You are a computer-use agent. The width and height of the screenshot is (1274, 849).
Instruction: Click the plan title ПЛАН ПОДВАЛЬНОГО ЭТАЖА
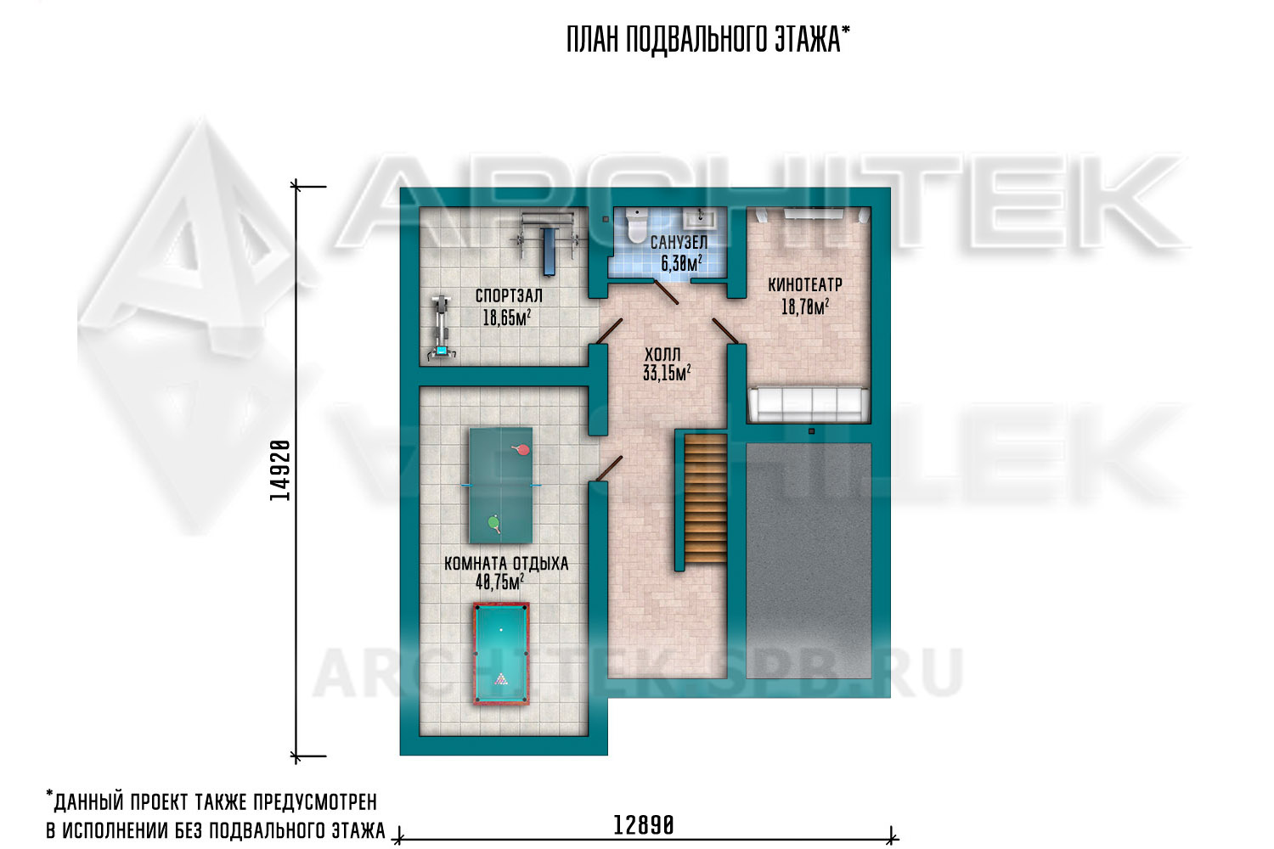703,40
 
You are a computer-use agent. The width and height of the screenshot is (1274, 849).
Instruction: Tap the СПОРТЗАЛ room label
509,295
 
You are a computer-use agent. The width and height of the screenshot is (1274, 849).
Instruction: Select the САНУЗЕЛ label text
679,243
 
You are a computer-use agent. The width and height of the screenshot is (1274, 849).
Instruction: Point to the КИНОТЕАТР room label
805,284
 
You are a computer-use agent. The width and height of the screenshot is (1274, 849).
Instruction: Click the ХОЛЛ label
662,353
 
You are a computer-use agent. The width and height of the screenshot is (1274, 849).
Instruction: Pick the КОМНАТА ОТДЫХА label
506,564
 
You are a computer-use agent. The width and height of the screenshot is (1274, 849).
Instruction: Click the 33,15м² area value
667,373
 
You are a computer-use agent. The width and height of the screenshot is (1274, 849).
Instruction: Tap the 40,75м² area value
499,582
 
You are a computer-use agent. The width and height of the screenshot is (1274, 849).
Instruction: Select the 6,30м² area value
681,262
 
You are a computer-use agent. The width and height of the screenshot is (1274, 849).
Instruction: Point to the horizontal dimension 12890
643,825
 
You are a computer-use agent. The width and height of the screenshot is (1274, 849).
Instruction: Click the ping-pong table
500,486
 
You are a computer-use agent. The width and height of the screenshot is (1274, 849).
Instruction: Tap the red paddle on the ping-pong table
521,450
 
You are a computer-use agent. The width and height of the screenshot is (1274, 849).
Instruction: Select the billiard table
501,654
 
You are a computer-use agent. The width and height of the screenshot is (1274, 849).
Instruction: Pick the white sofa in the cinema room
808,405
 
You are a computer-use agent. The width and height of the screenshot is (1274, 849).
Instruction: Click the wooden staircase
705,498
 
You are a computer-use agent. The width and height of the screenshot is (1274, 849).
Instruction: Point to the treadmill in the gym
441,328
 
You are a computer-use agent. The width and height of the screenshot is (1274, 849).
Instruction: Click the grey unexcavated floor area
809,560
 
